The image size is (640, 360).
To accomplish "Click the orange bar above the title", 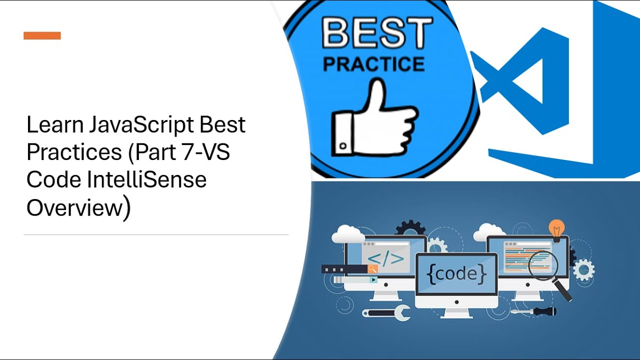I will pyautogui.click(x=42, y=35).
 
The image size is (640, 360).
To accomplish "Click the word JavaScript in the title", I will pyautogui.click(x=142, y=125).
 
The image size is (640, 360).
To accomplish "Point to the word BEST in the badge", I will pyautogui.click(x=377, y=33).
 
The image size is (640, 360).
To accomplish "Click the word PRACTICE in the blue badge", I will pyautogui.click(x=373, y=64).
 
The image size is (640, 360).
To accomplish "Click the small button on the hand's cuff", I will pyautogui.click(x=343, y=146).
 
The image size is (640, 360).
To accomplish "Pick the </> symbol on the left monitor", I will pyautogui.click(x=385, y=258).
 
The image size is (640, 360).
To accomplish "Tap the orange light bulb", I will pyautogui.click(x=556, y=229).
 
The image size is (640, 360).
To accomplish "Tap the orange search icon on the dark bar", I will pyautogui.click(x=372, y=269).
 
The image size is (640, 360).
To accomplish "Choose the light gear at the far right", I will pyautogui.click(x=583, y=270).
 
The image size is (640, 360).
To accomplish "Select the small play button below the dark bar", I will pyautogui.click(x=373, y=280).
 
